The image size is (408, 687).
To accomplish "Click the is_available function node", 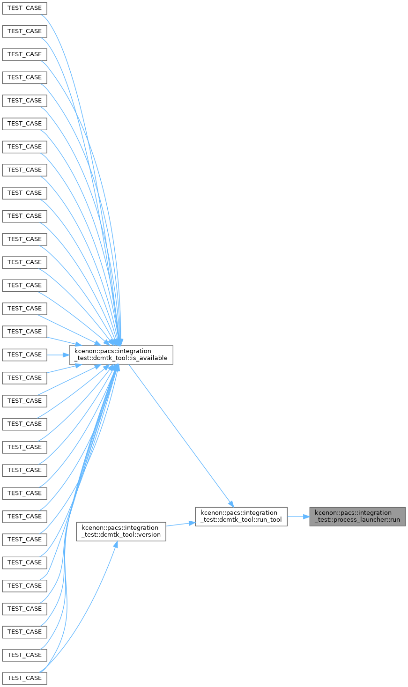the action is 121,355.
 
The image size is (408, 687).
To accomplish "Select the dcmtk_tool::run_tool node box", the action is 241,517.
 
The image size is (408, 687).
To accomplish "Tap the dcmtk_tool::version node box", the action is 121,532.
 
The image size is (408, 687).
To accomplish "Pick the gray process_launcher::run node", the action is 357,517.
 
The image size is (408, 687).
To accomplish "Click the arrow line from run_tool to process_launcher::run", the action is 298,517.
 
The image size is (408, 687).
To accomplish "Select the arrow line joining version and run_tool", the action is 181,524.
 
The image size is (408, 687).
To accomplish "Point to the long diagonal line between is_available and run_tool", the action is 181,436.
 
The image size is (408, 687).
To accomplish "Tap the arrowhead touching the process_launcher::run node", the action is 306,517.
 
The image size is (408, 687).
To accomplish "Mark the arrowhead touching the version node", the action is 116,544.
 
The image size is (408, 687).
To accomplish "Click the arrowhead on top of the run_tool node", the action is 231,504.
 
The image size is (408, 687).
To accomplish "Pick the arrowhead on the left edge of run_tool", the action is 192,523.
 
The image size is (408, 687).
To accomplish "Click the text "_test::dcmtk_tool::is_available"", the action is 121,358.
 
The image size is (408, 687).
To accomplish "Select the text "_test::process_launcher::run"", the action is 357,520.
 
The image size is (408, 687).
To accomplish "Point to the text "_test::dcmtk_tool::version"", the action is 121,535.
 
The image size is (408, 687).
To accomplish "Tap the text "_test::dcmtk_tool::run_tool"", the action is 241,520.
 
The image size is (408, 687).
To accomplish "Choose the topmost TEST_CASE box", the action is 24,8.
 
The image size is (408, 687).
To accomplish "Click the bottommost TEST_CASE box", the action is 24,678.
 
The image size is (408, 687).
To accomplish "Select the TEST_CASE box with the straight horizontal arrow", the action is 24,355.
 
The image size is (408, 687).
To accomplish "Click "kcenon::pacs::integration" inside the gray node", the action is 353,513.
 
